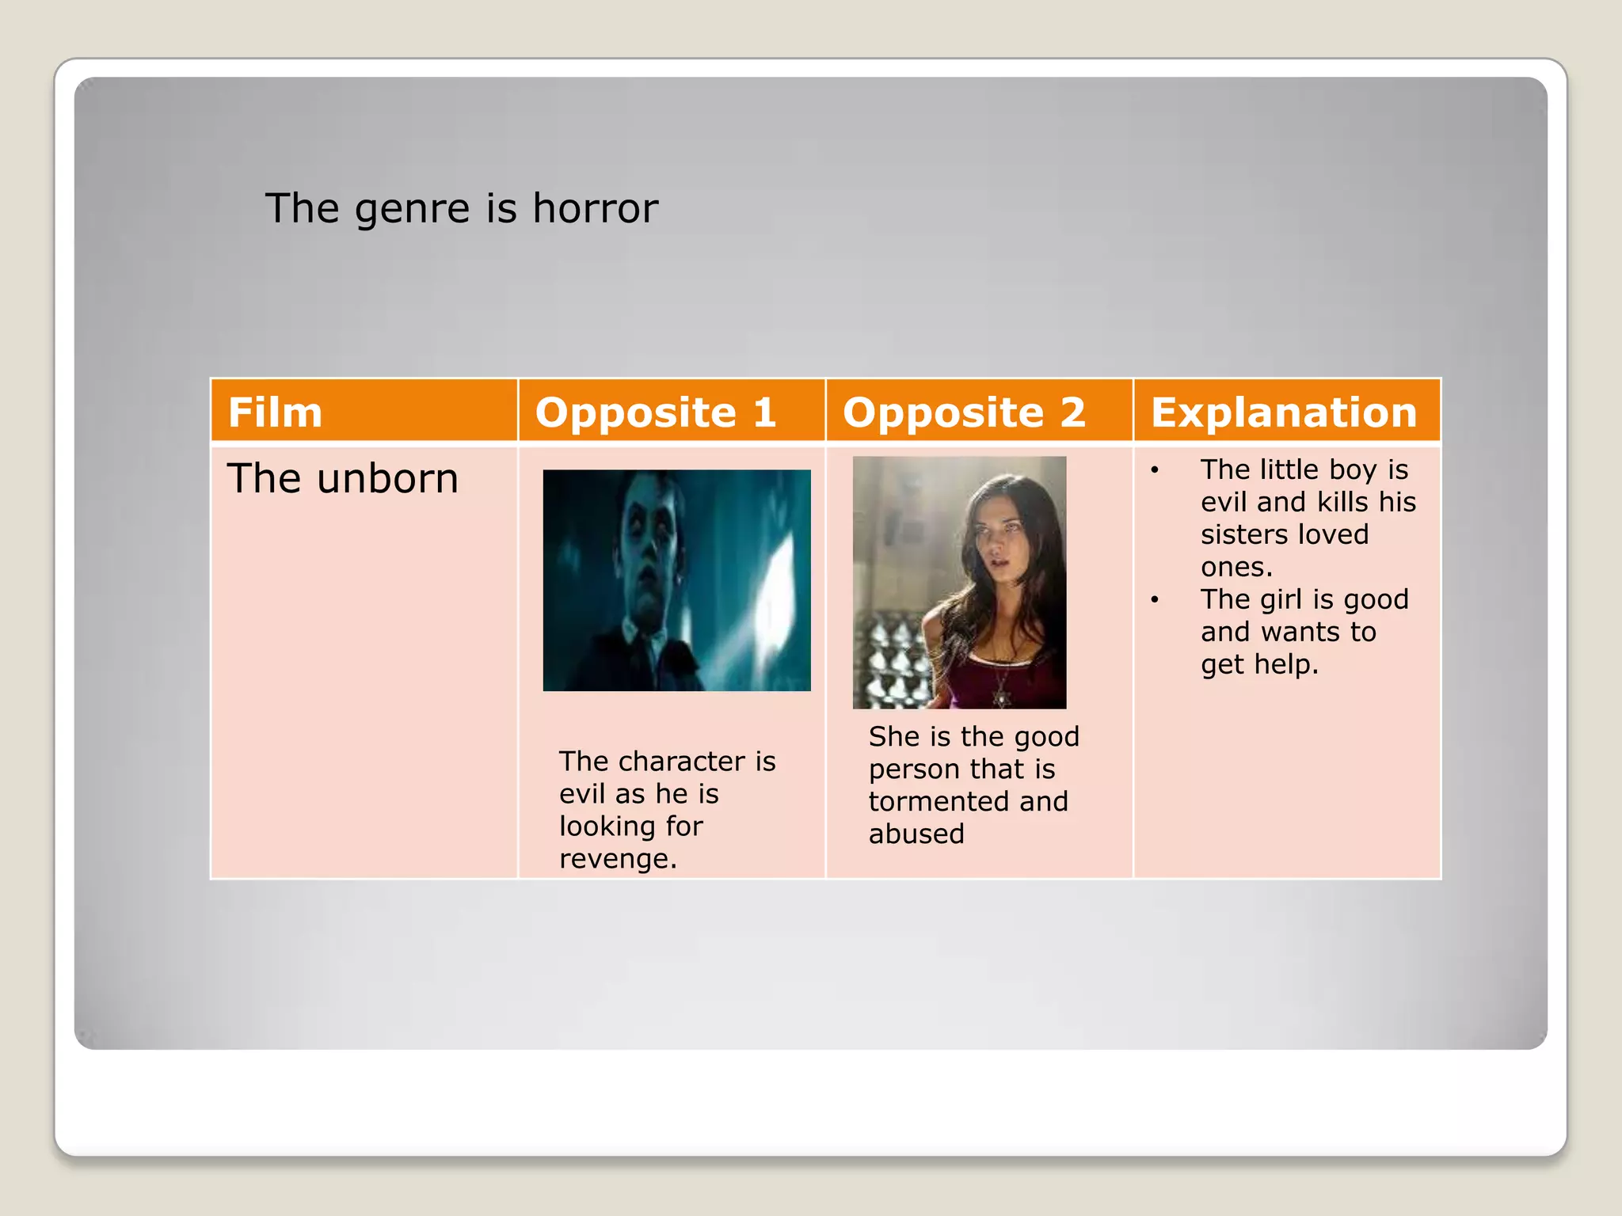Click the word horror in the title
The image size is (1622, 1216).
[x=595, y=209]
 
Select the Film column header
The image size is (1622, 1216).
[x=275, y=412]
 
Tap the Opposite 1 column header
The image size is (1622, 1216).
[x=655, y=412]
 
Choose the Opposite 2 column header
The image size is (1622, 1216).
[x=963, y=412]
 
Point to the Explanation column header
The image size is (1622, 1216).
[x=1283, y=412]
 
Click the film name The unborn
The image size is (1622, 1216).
[x=342, y=479]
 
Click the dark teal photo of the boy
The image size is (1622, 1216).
[x=676, y=580]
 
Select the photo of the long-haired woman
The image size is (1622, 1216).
[x=959, y=582]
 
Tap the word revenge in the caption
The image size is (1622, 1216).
[x=617, y=859]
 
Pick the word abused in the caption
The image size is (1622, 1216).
[x=916, y=834]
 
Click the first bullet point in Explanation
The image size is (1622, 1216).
[x=1155, y=470]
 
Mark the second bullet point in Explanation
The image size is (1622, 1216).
[x=1155, y=600]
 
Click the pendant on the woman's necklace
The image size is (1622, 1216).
[x=1002, y=699]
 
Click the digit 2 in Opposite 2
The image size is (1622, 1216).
[x=1072, y=412]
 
